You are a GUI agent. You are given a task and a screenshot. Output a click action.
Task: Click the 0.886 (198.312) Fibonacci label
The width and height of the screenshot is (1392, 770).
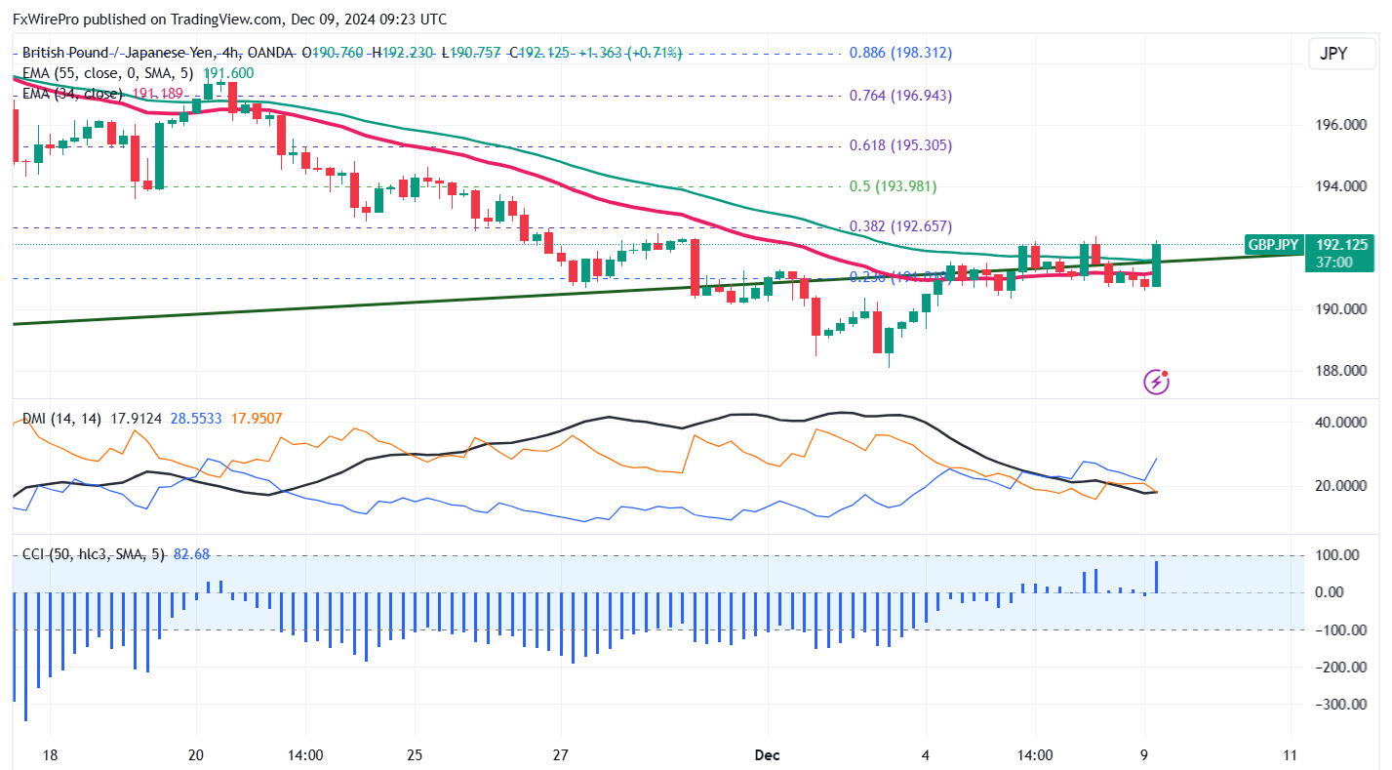pos(899,53)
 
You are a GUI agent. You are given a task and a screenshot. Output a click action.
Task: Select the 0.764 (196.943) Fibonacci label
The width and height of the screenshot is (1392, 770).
pos(899,96)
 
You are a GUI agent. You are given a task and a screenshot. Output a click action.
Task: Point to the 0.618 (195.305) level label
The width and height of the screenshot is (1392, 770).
pos(899,145)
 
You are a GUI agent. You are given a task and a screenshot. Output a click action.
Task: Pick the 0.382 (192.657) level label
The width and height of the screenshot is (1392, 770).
pos(899,226)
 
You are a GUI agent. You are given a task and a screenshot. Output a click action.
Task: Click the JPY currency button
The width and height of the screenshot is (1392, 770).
pos(1332,54)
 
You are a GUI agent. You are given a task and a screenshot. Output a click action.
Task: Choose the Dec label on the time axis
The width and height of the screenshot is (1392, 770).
pos(767,754)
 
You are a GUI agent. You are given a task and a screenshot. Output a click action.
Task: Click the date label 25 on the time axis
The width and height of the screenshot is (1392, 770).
pos(414,754)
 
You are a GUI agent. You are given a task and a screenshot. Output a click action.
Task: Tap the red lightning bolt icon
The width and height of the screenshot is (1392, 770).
pos(1156,382)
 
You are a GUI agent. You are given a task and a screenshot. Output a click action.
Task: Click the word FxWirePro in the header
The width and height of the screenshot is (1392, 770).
pos(49,20)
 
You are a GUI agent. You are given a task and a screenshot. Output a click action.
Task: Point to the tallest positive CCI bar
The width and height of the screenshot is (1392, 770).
pos(1157,576)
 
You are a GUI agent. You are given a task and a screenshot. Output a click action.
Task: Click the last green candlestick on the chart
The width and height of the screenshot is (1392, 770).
pos(1157,264)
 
